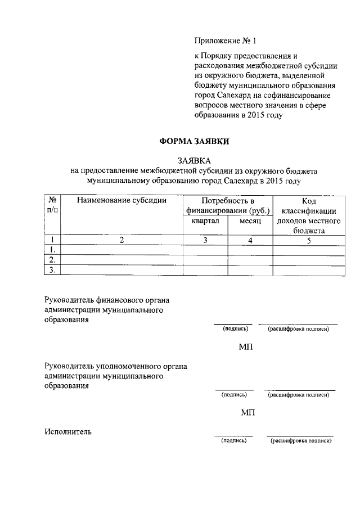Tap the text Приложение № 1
click(x=220, y=41)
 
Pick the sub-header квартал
click(x=205, y=222)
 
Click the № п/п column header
click(x=52, y=205)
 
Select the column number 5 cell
click(x=309, y=240)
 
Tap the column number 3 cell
click(x=205, y=240)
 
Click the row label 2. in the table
click(x=52, y=260)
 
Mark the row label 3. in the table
click(x=52, y=270)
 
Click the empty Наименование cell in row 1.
click(x=122, y=250)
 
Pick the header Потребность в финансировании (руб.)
click(x=228, y=206)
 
